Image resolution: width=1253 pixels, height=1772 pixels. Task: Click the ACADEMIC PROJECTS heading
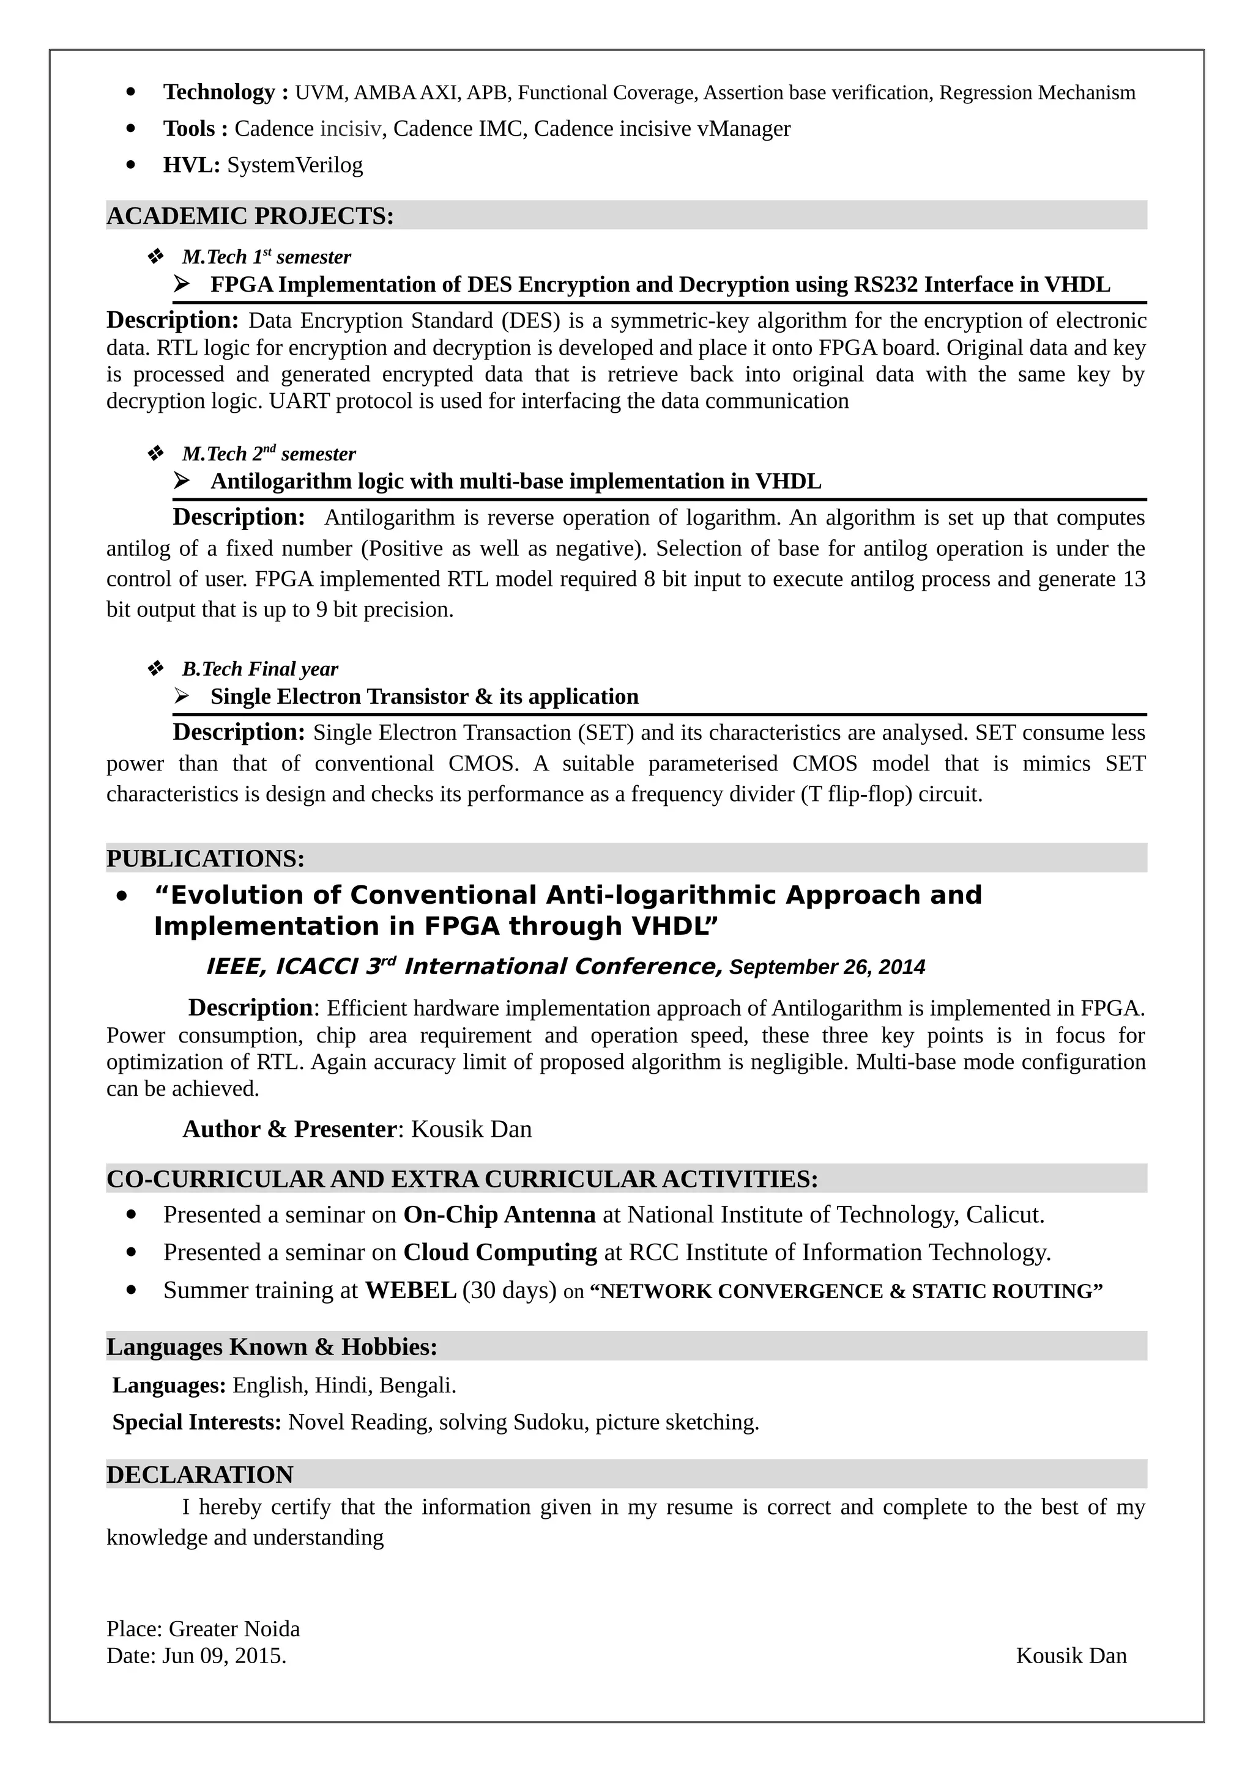[x=250, y=216]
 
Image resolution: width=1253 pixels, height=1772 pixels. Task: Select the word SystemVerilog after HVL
[x=294, y=165]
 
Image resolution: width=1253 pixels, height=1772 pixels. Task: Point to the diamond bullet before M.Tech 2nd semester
[x=155, y=453]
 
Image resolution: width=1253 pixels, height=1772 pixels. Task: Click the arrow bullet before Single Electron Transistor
[x=182, y=696]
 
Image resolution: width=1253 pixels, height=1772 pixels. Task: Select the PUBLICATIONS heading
[x=206, y=858]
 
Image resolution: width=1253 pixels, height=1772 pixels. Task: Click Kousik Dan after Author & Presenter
[x=471, y=1129]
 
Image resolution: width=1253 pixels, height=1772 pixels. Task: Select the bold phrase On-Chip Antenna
[x=499, y=1215]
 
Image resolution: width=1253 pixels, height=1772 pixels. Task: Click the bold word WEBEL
[x=410, y=1290]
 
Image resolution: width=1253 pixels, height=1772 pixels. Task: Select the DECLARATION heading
[x=199, y=1474]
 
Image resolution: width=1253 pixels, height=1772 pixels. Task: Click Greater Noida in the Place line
[x=234, y=1628]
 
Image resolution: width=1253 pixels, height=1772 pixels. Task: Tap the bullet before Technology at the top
[x=132, y=92]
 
